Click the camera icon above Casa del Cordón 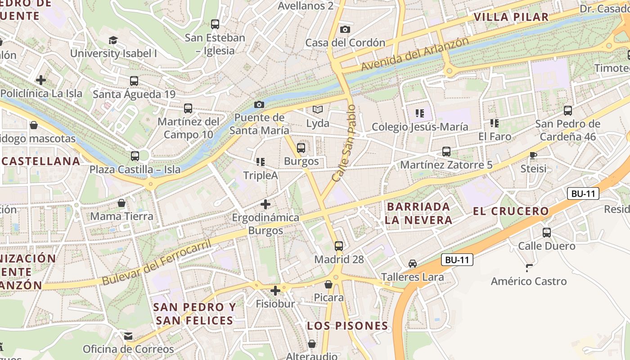coord(345,30)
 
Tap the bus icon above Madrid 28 coord(339,246)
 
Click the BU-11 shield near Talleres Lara coord(457,260)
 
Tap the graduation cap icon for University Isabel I coord(113,40)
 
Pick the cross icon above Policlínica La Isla coord(41,81)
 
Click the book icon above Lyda coord(318,110)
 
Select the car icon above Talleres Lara coord(413,264)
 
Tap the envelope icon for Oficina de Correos coord(128,336)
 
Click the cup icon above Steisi coord(533,156)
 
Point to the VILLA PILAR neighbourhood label coord(511,17)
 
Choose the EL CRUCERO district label coord(511,211)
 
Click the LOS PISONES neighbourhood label coord(347,326)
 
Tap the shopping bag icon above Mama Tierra coord(121,203)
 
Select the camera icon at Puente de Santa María coord(259,105)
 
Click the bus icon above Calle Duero coord(547,233)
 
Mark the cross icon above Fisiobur coord(275,291)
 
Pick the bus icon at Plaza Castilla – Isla coord(135,156)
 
